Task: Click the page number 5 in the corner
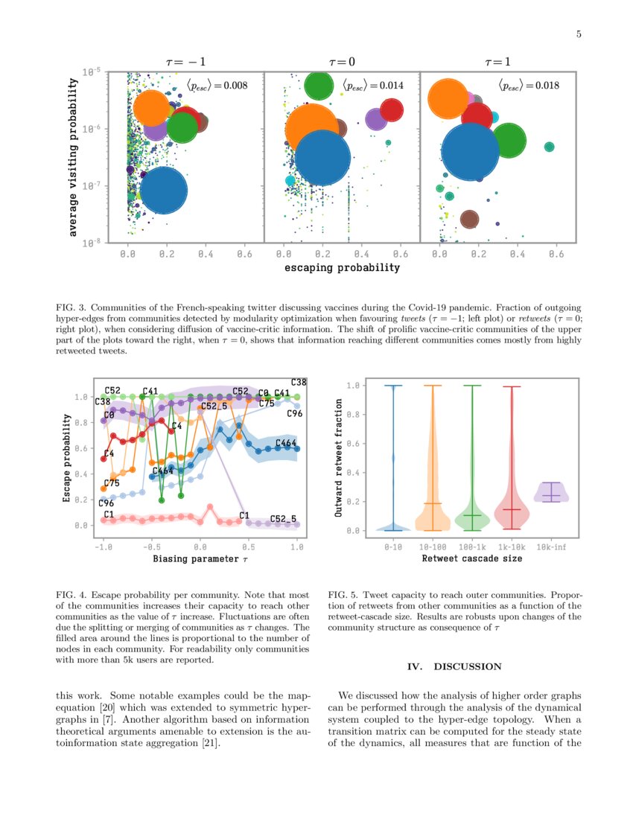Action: pyautogui.click(x=579, y=34)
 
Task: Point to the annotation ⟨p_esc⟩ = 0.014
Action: pyautogui.click(x=372, y=86)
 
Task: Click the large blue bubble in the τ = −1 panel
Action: pyautogui.click(x=163, y=191)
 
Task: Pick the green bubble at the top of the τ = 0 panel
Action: pyautogui.click(x=318, y=86)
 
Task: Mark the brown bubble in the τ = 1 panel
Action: pyautogui.click(x=469, y=219)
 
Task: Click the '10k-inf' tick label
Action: pyautogui.click(x=551, y=547)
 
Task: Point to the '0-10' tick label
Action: pyautogui.click(x=392, y=547)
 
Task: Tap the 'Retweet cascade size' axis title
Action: pyautogui.click(x=471, y=558)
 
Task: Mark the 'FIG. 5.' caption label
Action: pyautogui.click(x=343, y=595)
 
